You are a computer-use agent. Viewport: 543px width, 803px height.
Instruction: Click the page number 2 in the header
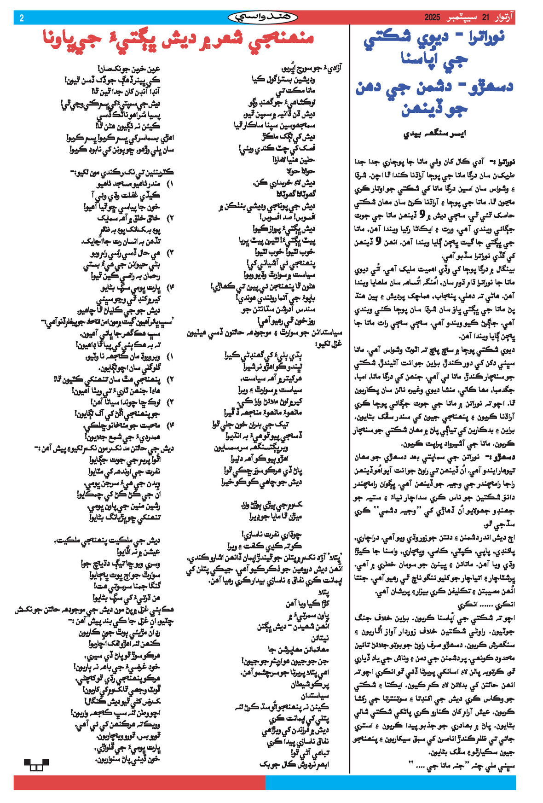22,18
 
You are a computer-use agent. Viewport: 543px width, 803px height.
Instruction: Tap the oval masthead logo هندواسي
263,17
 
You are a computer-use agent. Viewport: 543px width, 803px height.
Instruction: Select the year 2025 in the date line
432,18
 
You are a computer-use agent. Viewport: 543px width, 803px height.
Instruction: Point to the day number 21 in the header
485,18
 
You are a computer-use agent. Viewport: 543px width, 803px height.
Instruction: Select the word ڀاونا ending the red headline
59,39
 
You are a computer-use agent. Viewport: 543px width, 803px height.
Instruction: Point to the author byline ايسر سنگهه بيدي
434,134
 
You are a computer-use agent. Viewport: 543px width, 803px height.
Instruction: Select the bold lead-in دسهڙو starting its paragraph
504,457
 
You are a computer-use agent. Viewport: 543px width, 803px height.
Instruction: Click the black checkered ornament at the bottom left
36,765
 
